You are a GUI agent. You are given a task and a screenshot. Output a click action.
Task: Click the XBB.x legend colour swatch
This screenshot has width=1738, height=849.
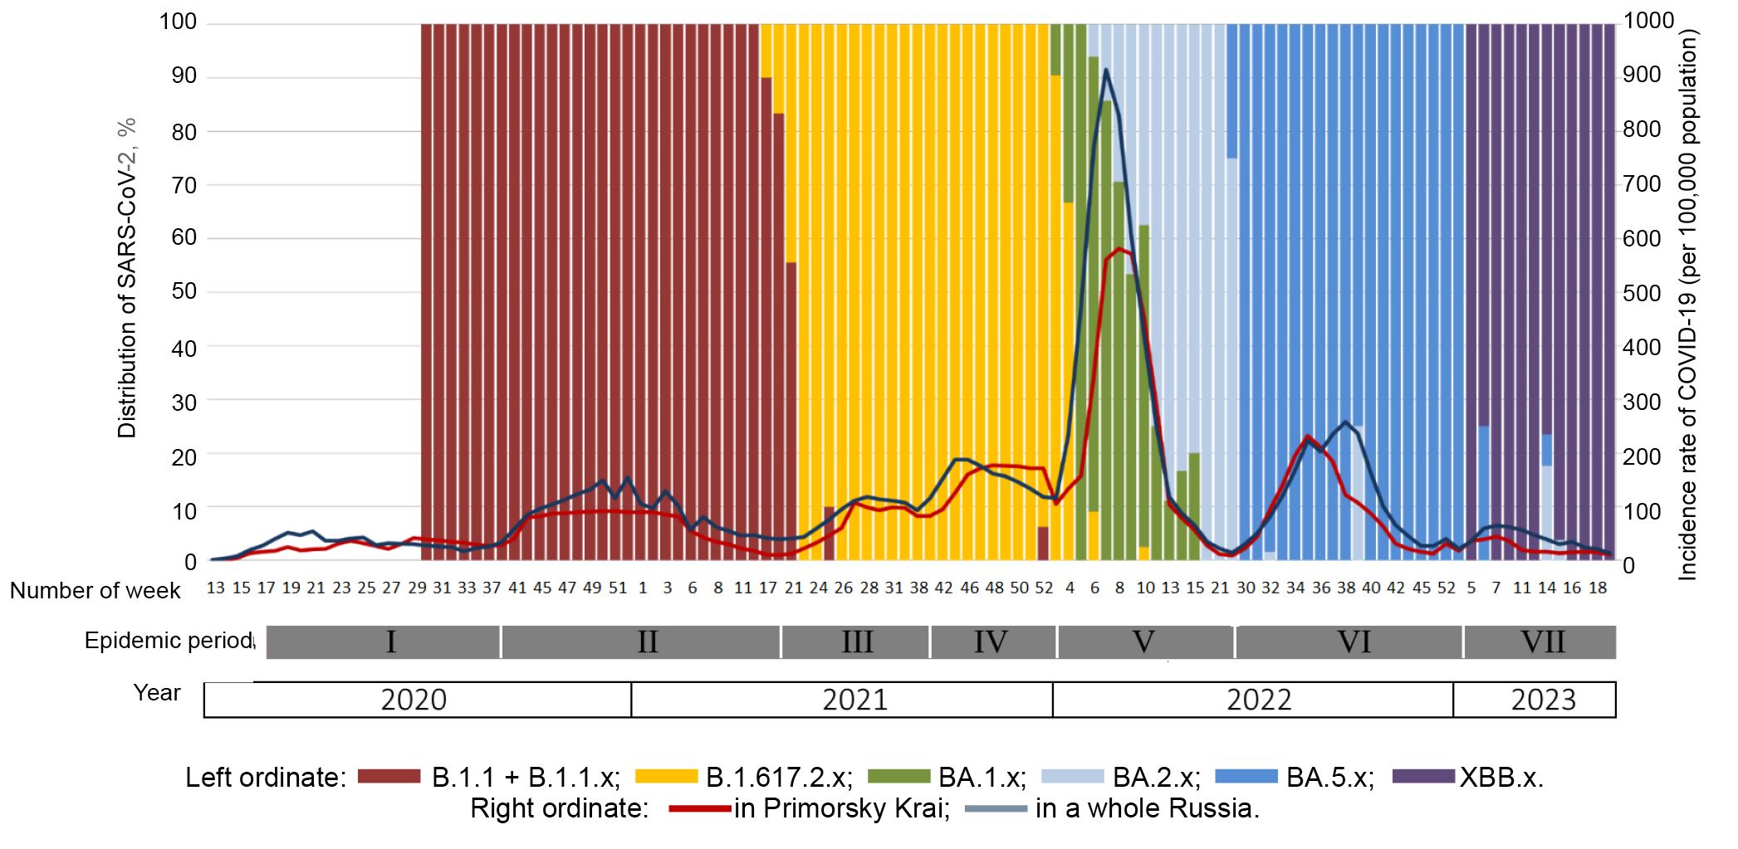[1423, 776]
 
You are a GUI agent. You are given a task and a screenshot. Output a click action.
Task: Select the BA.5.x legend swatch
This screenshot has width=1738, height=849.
[1246, 776]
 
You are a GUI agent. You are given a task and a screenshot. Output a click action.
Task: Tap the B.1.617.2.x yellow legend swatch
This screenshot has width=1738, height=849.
[666, 776]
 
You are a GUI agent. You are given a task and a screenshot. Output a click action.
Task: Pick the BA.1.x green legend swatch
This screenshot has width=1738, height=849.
[898, 776]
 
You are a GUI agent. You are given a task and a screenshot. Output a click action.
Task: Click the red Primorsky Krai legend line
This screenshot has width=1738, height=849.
[700, 808]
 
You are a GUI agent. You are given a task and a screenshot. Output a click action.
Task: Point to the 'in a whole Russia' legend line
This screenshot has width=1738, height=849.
[996, 808]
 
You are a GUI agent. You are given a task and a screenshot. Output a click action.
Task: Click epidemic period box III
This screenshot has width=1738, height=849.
[856, 642]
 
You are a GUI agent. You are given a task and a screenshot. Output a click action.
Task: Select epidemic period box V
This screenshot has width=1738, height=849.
[1144, 642]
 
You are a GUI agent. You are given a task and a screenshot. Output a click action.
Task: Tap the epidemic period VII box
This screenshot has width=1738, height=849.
[1541, 642]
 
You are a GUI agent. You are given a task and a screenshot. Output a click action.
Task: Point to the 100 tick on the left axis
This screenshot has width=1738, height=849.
[178, 22]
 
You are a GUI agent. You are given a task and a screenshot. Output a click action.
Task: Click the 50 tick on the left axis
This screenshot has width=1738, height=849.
[184, 291]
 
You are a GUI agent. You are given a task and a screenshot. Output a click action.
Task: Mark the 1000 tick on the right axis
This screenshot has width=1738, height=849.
[1648, 20]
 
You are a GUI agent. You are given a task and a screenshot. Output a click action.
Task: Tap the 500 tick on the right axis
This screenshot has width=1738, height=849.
[1642, 293]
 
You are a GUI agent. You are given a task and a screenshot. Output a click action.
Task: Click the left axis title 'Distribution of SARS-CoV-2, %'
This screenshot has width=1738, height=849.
[126, 278]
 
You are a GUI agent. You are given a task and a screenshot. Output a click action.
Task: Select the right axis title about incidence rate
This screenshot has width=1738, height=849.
[1687, 304]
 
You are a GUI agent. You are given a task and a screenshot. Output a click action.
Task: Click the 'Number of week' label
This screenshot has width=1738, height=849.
[95, 590]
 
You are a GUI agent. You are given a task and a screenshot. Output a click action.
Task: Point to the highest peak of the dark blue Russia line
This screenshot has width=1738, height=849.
[1106, 70]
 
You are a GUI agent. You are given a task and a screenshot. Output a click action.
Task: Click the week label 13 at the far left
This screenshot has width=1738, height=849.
[216, 588]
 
